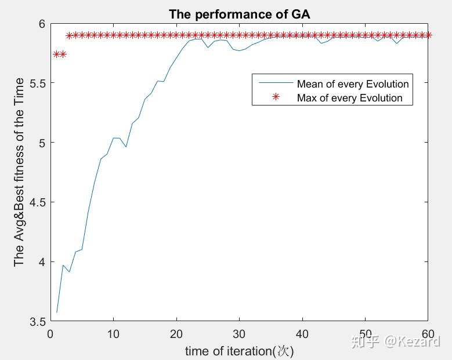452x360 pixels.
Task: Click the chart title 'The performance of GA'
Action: click(239, 14)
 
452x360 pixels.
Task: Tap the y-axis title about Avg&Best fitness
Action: click(19, 172)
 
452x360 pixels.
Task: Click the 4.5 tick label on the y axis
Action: click(36, 202)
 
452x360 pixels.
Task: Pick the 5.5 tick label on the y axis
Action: click(36, 83)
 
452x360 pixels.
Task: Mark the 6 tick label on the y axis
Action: click(41, 24)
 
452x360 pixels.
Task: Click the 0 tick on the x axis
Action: click(50, 334)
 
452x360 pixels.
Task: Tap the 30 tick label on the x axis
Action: click(238, 334)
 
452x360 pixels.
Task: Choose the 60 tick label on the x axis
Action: click(428, 334)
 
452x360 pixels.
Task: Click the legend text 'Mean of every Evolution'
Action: click(353, 84)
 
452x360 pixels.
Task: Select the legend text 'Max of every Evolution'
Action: click(349, 97)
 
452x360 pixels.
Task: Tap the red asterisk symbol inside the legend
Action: click(276, 97)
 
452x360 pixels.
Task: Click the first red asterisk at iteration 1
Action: click(56, 54)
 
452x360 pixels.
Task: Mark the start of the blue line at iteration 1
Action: click(56, 312)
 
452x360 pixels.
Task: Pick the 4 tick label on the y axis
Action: click(41, 262)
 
